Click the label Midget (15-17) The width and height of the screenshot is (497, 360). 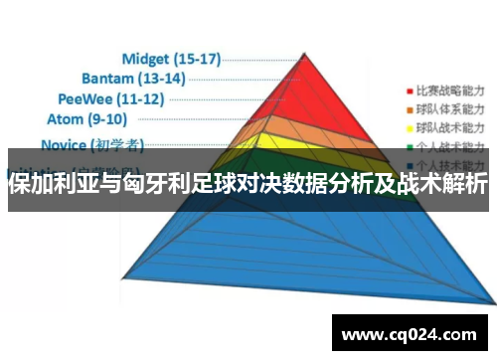171,59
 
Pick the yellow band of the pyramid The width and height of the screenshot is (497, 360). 328,143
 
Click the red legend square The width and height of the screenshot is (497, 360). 409,89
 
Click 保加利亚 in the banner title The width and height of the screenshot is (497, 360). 49,185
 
